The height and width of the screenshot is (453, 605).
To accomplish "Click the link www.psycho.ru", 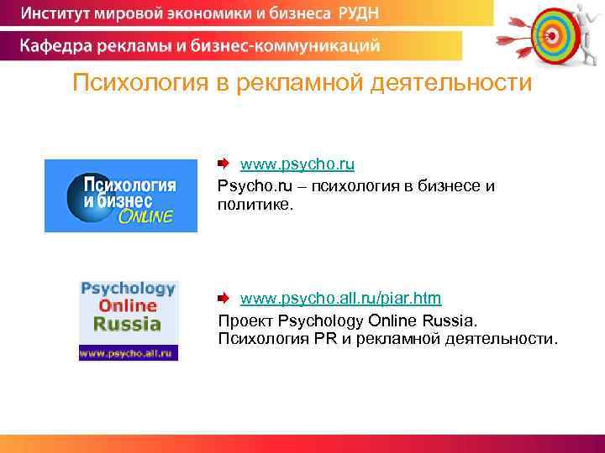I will tap(297, 164).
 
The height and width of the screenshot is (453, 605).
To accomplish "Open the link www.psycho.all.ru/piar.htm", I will tap(340, 299).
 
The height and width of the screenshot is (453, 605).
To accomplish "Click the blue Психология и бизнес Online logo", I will tap(120, 195).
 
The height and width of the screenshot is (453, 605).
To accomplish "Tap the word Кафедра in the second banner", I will tap(56, 45).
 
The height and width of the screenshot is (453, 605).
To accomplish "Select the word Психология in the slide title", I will tap(135, 84).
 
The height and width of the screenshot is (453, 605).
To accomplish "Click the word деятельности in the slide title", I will tap(458, 84).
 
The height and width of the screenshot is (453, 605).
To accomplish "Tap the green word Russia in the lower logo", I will tap(127, 325).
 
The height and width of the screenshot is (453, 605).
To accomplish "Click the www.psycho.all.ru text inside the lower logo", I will tap(128, 353).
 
